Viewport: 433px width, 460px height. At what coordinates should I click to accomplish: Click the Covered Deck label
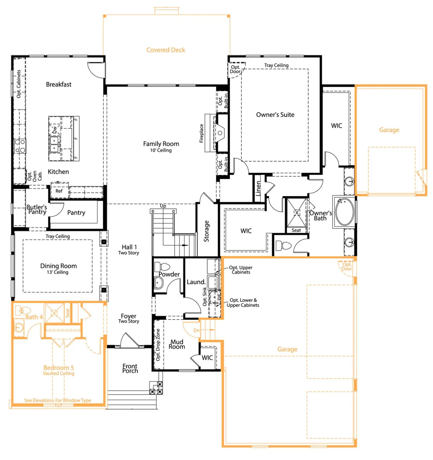[166, 50]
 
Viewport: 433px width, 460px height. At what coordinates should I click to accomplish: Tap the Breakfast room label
[59, 84]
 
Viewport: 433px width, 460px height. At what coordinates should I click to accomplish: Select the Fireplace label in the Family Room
[201, 133]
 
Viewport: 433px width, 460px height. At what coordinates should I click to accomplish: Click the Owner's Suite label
[275, 115]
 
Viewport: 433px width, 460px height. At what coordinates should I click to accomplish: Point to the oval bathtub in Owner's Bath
[344, 212]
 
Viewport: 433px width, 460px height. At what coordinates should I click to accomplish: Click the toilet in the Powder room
[162, 267]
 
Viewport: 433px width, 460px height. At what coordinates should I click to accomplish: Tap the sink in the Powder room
[158, 283]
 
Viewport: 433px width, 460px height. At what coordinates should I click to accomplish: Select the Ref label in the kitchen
[59, 191]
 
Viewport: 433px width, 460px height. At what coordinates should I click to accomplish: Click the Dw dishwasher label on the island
[55, 130]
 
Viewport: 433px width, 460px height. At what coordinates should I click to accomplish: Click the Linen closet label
[258, 188]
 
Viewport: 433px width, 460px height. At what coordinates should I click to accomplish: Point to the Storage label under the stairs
[206, 231]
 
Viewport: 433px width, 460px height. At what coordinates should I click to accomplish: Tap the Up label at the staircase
[163, 206]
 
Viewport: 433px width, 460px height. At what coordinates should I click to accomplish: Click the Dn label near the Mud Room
[196, 330]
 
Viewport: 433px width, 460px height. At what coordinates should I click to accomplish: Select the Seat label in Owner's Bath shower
[296, 230]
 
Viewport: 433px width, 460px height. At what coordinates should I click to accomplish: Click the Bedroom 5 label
[58, 368]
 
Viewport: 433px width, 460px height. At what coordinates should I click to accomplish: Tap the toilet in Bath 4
[23, 310]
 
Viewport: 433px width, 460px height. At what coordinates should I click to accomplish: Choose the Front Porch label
[130, 368]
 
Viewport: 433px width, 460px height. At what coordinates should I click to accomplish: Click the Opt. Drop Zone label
[158, 345]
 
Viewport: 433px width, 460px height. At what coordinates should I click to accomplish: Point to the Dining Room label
[58, 266]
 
